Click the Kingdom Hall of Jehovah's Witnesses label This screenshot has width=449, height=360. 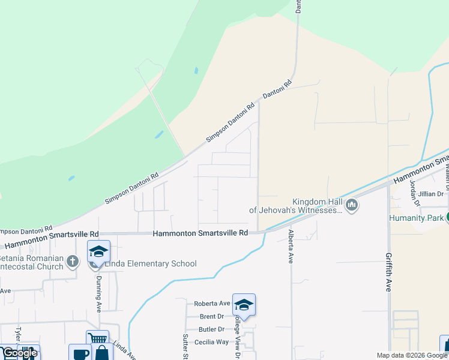coord(297,206)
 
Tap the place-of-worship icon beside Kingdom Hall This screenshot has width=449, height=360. coord(352,206)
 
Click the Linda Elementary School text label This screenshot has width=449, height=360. coord(151,263)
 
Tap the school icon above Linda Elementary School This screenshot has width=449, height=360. coord(98,251)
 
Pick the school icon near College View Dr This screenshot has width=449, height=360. coord(244,305)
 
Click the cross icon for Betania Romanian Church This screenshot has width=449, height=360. coord(72,261)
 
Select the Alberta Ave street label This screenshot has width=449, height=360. coord(291,246)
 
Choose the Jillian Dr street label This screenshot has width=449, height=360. coord(431,194)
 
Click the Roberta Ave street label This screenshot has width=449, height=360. coord(212,304)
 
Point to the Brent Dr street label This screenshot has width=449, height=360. coord(212,316)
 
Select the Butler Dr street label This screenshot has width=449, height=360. coord(211,329)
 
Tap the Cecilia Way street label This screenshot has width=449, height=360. coord(211,342)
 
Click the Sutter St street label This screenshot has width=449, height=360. coord(186,347)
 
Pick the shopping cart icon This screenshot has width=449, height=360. coord(97,340)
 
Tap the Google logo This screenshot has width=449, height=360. coord(19,353)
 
